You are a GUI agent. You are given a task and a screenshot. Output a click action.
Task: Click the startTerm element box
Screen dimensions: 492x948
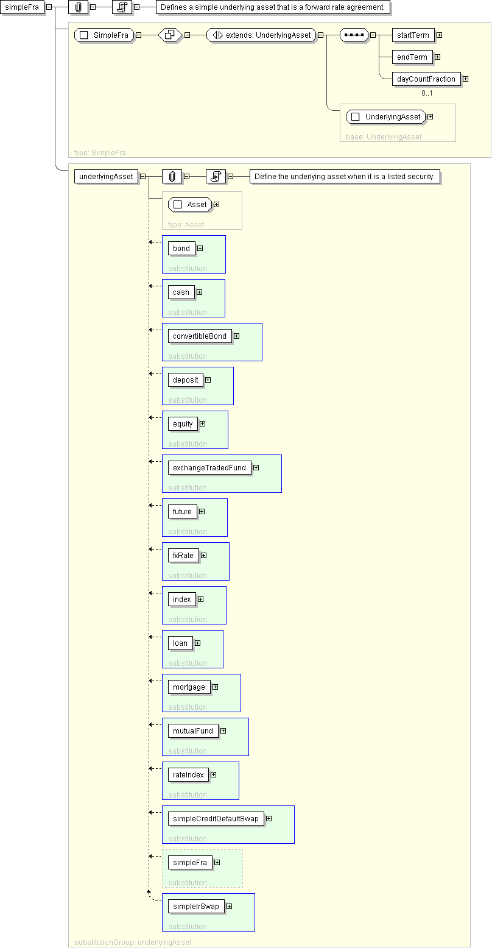tap(413, 35)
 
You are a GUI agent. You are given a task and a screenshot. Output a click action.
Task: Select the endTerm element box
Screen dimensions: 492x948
tap(412, 57)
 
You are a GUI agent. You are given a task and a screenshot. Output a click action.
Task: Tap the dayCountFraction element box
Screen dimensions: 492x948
tap(426, 79)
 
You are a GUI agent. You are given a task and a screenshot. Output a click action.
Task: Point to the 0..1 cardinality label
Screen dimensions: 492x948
tap(427, 93)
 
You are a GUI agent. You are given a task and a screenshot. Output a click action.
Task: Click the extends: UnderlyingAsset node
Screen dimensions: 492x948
tap(261, 35)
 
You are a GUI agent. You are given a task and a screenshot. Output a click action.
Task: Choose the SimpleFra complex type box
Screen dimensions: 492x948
tap(104, 35)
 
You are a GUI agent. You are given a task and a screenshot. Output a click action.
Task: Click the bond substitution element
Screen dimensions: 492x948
tap(181, 249)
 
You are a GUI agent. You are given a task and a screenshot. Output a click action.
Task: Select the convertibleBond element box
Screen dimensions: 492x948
tap(200, 336)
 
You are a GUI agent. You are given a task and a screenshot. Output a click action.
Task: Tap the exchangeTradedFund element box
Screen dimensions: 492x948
tap(209, 468)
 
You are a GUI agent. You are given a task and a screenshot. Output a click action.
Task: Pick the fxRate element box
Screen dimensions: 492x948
tap(183, 555)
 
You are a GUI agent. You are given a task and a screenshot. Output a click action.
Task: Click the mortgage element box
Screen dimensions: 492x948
tap(189, 687)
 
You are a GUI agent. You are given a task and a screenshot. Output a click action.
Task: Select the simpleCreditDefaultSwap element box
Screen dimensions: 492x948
tap(216, 818)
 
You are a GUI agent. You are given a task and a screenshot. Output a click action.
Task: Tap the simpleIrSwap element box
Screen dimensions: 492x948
tap(196, 906)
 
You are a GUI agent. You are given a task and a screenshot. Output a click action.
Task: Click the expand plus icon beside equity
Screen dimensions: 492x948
tap(203, 423)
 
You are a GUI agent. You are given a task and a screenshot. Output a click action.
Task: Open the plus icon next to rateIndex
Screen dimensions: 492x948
tap(214, 774)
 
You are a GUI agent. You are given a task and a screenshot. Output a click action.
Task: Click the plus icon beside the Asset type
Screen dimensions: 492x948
tap(217, 205)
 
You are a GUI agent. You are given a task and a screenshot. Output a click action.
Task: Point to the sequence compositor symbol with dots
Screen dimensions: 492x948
tap(354, 35)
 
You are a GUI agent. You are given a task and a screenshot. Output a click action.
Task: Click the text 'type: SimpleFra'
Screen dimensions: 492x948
tap(100, 153)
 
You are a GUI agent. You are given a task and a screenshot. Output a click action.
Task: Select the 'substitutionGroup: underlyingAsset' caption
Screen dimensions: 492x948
tap(133, 943)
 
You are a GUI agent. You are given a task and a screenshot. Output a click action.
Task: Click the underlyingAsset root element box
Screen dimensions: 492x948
tap(106, 177)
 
